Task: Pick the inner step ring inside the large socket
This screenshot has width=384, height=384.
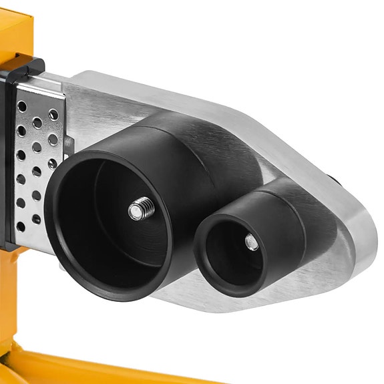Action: tap(100, 194)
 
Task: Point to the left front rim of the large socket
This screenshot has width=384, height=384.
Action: tap(59, 220)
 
